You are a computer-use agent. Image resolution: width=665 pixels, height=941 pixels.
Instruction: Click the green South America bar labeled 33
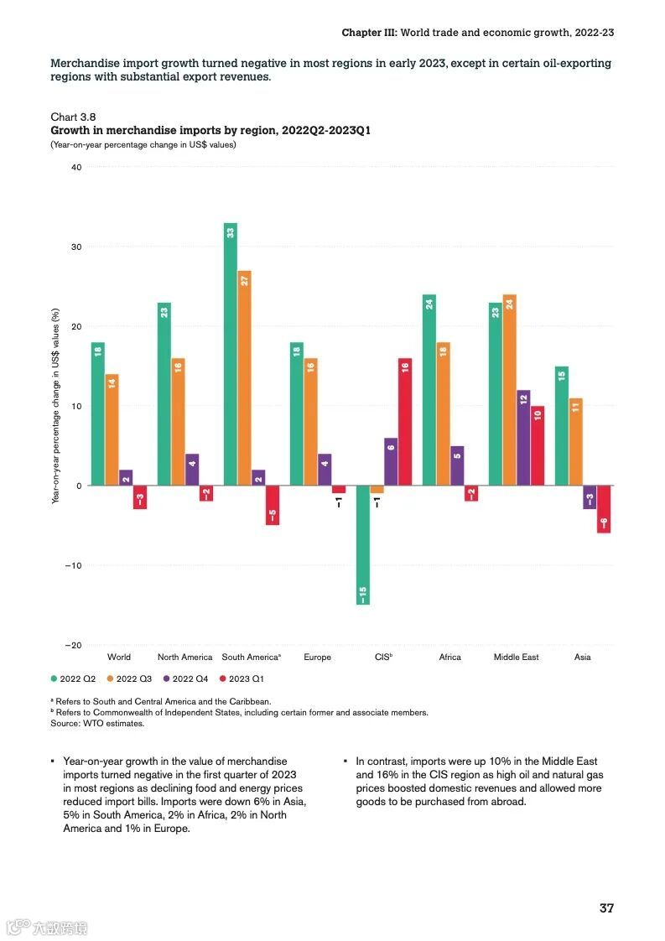point(231,354)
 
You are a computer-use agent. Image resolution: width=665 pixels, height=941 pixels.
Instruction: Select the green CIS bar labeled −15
point(363,545)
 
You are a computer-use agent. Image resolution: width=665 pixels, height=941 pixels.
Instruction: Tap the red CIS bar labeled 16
point(404,422)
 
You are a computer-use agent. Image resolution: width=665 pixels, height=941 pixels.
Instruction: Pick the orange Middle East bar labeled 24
point(509,390)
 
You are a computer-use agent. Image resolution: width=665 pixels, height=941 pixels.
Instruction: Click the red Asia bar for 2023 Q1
point(603,509)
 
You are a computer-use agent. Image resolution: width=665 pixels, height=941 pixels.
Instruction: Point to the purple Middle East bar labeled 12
point(523,438)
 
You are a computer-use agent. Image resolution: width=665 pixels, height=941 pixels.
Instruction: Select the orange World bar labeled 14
point(112,429)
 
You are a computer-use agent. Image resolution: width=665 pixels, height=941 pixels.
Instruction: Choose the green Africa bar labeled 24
point(429,390)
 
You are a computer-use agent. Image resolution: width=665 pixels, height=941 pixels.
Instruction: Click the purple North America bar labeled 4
point(192,470)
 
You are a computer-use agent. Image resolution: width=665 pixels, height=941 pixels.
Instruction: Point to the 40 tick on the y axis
point(76,167)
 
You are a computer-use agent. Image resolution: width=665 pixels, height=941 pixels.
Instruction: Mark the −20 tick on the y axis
point(74,645)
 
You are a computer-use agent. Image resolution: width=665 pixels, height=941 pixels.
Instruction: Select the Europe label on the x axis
point(317,657)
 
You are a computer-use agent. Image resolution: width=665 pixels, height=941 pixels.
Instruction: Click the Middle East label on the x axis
point(516,657)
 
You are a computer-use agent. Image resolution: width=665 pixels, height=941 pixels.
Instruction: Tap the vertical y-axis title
point(56,406)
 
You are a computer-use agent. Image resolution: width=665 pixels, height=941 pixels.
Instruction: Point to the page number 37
point(606,908)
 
